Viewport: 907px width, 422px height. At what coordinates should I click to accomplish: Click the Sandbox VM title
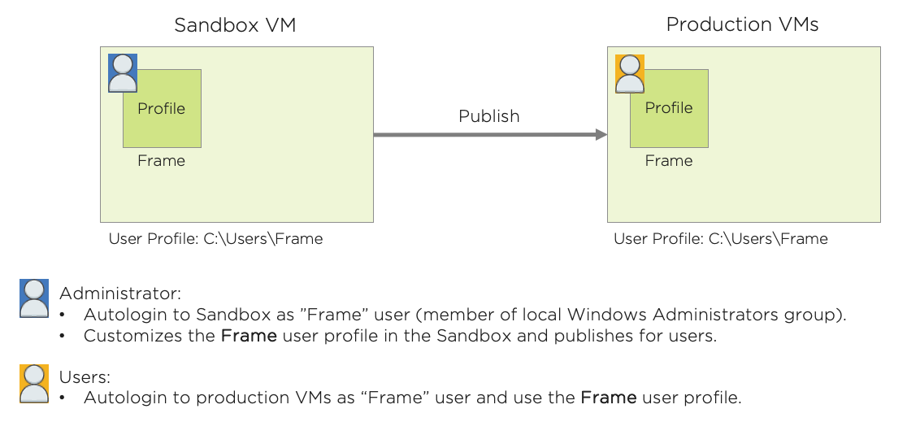pos(236,25)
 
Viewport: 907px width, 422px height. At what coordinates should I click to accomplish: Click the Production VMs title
pos(742,24)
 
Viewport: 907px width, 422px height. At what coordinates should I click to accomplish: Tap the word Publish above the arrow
pos(488,116)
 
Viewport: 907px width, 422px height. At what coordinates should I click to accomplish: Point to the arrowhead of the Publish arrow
pos(601,134)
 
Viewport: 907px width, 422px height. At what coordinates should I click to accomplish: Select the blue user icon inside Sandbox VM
pos(123,72)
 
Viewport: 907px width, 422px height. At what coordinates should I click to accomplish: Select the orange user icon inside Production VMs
pos(630,73)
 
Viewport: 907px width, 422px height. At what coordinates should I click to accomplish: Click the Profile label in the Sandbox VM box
pos(161,108)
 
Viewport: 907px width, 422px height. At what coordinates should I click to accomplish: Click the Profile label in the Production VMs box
pos(669,107)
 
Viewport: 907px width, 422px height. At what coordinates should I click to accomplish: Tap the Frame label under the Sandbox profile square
pos(161,160)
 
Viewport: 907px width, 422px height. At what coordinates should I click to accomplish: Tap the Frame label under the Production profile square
pos(669,160)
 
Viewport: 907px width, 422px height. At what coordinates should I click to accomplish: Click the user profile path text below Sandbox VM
pos(215,238)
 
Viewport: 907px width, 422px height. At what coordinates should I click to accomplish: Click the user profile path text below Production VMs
pos(720,238)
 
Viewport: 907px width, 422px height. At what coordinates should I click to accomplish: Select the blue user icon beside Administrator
pos(34,298)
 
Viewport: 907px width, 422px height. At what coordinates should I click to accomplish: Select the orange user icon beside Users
pos(34,383)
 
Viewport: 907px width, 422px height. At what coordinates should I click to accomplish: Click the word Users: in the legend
pos(85,377)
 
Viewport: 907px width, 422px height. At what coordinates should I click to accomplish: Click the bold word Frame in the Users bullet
pos(609,398)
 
